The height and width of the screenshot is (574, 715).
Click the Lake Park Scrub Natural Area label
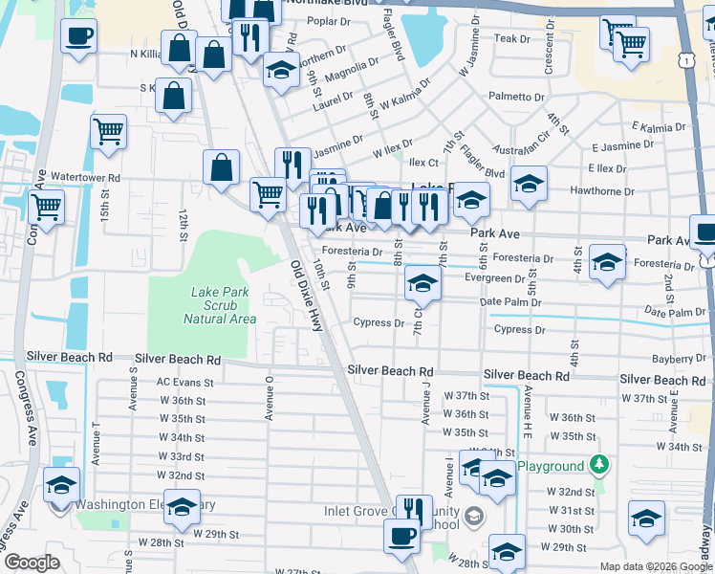(209, 304)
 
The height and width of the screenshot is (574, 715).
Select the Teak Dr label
(512, 38)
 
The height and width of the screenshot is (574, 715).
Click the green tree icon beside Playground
(599, 465)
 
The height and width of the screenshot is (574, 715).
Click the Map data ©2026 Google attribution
(656, 566)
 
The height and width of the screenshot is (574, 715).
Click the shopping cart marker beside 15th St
(109, 131)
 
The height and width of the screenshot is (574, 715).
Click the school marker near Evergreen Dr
(422, 282)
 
